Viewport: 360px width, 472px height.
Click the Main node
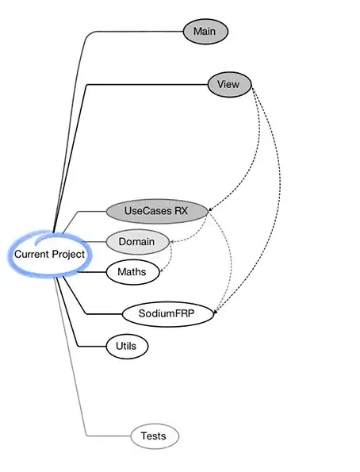205,32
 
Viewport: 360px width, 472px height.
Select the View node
229,84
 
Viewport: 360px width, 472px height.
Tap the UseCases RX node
156,211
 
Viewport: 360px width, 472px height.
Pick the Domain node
137,241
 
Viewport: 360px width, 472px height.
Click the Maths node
132,272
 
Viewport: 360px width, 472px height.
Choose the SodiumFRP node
168,314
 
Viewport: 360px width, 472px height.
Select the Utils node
126,346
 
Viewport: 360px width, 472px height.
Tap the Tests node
155,436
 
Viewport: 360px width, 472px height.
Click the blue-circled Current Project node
49,254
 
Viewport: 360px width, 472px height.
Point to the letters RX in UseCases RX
182,211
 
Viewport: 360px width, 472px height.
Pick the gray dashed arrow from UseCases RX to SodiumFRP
229,262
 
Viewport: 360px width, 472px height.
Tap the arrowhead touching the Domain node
172,241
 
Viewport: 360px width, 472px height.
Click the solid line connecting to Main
82,56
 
